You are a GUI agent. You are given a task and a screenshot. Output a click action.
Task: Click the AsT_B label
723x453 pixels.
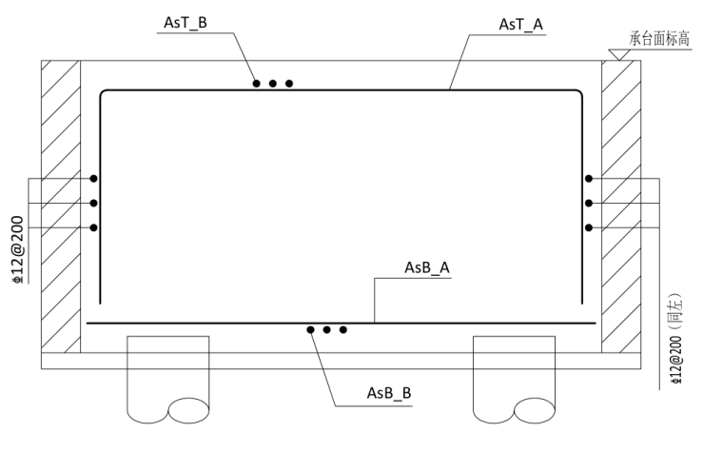(186, 23)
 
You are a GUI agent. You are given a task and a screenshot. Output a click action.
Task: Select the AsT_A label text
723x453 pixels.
(521, 25)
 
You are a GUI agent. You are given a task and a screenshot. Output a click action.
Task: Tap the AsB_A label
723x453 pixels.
(427, 267)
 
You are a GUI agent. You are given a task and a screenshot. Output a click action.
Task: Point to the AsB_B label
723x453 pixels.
(389, 393)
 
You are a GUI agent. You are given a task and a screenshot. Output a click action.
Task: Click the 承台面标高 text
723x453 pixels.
(660, 39)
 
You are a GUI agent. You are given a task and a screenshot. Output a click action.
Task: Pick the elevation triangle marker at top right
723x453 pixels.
(618, 54)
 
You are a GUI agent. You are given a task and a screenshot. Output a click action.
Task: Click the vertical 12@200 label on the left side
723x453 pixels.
(17, 249)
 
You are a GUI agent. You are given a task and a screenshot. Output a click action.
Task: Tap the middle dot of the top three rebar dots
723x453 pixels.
(273, 84)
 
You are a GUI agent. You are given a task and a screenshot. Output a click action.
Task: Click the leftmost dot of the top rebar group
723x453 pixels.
(256, 84)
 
